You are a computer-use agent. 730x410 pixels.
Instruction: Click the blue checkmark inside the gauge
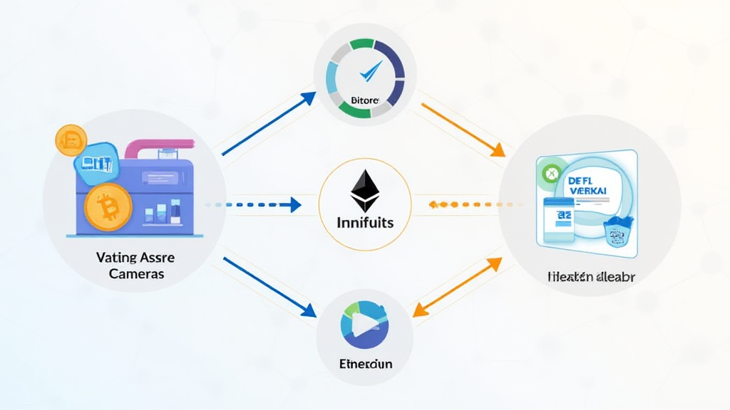(370, 70)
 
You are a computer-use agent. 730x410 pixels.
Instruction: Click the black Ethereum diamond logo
(365, 191)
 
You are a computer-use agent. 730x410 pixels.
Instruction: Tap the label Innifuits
(364, 223)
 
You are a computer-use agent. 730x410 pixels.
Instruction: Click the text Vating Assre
(135, 258)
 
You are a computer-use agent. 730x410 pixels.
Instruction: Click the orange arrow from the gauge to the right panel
(463, 130)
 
